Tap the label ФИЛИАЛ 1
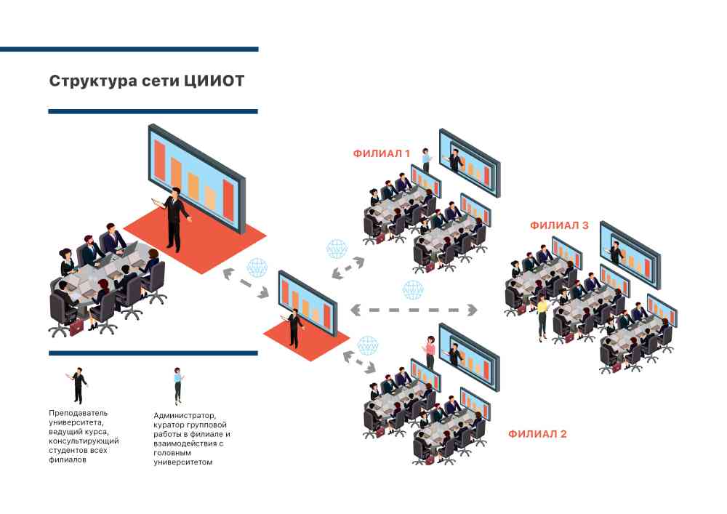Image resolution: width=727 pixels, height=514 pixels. (x=382, y=153)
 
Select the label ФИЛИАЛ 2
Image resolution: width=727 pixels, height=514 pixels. (x=537, y=434)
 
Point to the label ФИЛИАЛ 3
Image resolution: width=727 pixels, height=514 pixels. (x=559, y=225)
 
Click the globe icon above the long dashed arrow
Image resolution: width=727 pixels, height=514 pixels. (x=413, y=289)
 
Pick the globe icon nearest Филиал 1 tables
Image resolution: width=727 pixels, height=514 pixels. (x=337, y=249)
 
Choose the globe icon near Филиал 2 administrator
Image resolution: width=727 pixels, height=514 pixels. (x=368, y=344)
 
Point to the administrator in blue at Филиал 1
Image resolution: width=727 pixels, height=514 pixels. (x=426, y=161)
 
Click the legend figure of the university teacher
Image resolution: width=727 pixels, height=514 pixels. (x=79, y=385)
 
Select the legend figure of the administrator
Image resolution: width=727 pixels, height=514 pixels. (x=177, y=385)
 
